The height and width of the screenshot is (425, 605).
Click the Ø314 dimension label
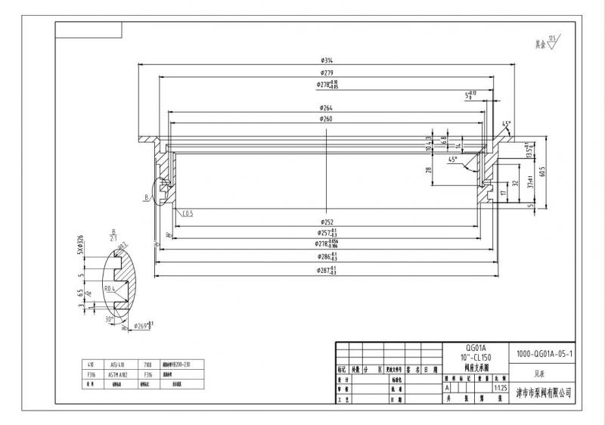coord(327,60)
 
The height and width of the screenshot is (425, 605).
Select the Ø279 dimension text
coord(327,73)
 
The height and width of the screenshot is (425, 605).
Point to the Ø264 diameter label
coord(327,107)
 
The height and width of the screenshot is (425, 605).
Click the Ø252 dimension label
coord(327,222)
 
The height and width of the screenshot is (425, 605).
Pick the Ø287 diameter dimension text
coord(327,270)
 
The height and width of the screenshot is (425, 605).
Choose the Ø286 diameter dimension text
coord(327,257)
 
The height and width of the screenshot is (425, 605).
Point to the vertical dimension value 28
coord(429,171)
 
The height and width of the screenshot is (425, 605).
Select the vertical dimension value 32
coord(515,184)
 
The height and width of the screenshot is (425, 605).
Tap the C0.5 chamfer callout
coord(188,213)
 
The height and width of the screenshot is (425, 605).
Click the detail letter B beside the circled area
coord(145,197)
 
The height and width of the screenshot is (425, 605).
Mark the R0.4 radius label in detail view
coord(110,288)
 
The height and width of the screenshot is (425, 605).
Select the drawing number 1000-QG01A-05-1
coord(544,352)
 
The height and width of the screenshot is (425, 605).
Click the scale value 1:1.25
coord(499,387)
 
